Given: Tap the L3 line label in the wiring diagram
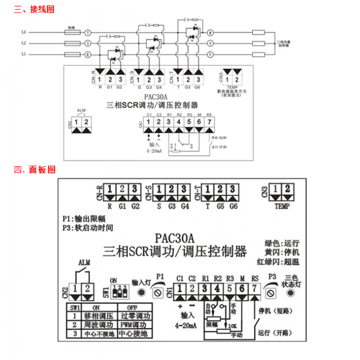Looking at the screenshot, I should (24, 33).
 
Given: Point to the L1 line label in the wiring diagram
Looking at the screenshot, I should (24, 53).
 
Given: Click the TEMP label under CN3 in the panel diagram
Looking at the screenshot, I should (281, 206).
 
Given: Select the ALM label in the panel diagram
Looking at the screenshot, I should (84, 263).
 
